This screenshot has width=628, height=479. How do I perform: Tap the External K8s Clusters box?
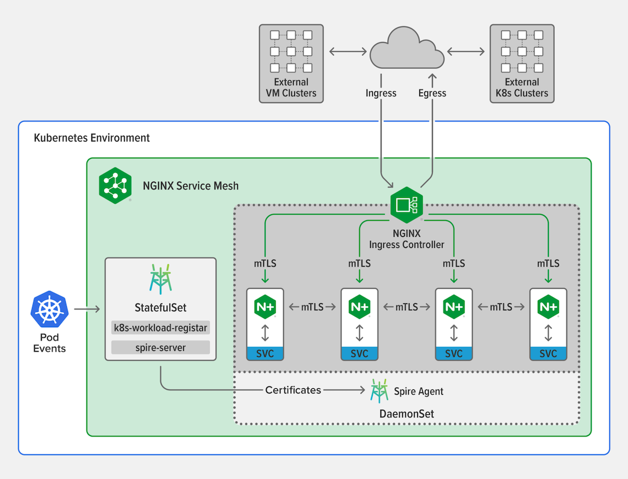point(522,63)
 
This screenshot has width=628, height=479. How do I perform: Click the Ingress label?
point(381,93)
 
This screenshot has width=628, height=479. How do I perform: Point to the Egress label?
point(432,93)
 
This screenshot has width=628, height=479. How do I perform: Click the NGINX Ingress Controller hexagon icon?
point(406,205)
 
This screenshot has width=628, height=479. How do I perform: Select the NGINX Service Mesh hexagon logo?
point(115,185)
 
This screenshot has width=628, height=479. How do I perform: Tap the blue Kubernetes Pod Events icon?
point(49,310)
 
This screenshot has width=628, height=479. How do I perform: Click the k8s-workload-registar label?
point(160,328)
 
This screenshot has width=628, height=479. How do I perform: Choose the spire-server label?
point(160,348)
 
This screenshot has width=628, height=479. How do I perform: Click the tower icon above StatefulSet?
point(160,279)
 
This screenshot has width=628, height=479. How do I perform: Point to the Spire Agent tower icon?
point(379,391)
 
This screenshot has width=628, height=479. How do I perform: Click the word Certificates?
point(293,390)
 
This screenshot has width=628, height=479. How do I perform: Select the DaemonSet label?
point(407,414)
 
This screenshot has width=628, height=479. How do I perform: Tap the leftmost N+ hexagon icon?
point(265,306)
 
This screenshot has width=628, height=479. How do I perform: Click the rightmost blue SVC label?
point(548,353)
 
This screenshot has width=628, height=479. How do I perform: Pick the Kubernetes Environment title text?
point(92,138)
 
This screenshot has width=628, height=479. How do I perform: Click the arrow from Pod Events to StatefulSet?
point(87,310)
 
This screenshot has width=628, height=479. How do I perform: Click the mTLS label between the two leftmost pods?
point(312,307)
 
